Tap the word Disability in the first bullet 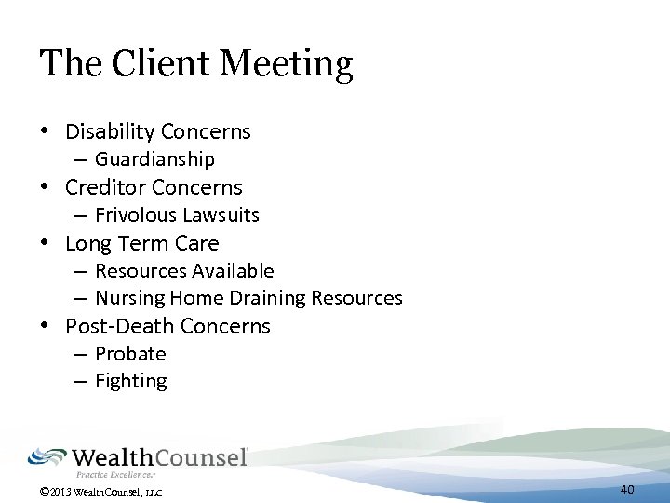pos(110,131)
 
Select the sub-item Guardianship pos(154,159)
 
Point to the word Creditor pos(105,187)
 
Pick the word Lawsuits pos(221,215)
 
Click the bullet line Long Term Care pos(141,243)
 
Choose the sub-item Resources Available pos(184,271)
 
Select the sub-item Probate pos(130,354)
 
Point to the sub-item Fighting pos(131,381)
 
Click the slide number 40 pos(627,489)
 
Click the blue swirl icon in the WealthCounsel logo pos(47,456)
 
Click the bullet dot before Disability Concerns pos(45,132)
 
